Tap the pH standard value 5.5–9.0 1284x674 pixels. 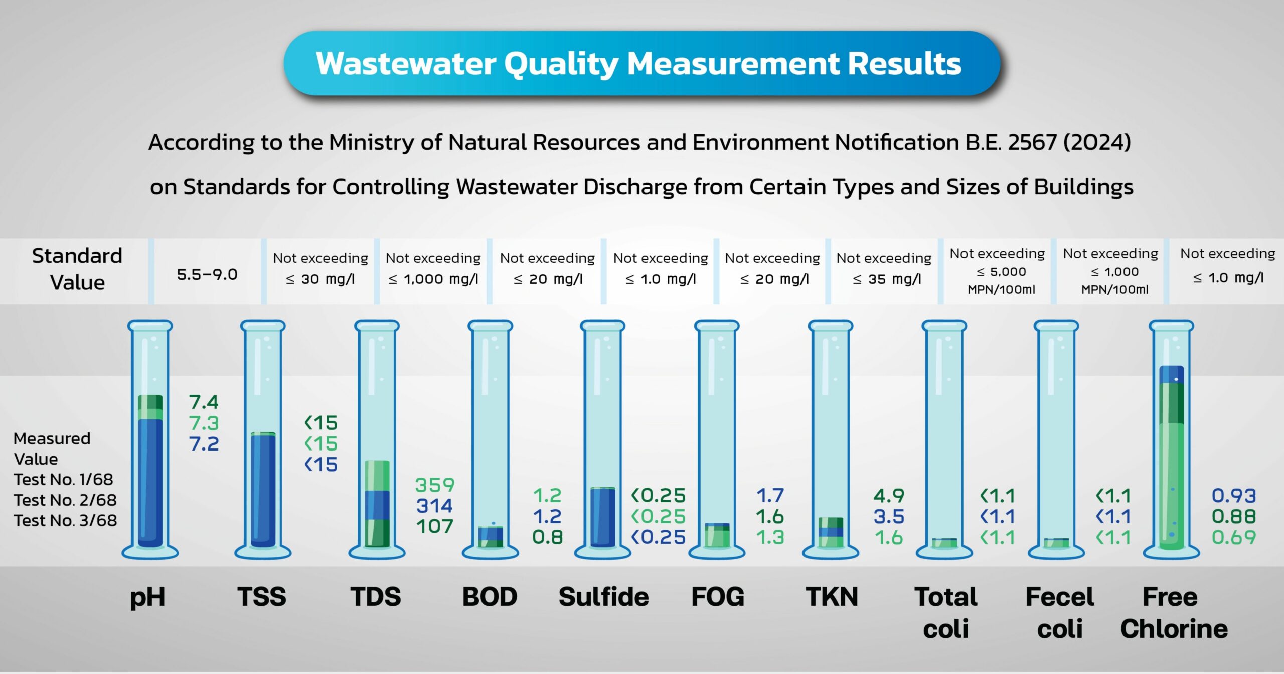207,274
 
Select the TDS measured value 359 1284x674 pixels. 434,485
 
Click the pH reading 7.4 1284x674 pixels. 204,402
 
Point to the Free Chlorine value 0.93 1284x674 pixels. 1233,496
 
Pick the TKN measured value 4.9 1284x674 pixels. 889,496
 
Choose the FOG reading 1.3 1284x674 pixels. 770,537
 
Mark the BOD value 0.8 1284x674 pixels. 547,537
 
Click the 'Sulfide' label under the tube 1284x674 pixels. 603,597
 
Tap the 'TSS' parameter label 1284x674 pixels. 262,597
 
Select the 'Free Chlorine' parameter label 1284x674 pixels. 1174,612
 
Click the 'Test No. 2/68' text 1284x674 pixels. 65,500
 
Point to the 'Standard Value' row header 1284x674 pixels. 77,269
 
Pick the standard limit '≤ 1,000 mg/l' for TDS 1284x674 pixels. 433,279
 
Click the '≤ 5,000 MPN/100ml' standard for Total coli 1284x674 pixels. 1001,280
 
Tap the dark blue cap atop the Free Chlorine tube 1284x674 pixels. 1172,374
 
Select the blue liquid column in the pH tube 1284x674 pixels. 150,481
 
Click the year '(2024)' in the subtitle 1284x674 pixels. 1097,142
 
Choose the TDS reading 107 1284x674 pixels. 434,526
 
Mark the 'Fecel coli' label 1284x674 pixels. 1059,612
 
